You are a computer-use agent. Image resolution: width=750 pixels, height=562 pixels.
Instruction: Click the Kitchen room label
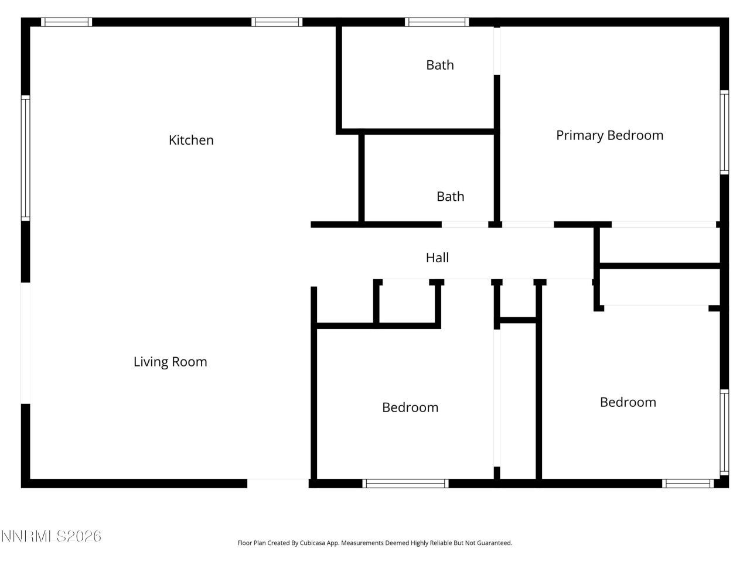[x=191, y=140]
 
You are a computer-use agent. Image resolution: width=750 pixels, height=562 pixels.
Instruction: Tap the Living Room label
[x=170, y=362]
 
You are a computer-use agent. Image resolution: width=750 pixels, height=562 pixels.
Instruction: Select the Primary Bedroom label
[x=609, y=135]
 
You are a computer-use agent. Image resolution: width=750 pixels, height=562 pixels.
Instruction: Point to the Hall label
[x=437, y=258]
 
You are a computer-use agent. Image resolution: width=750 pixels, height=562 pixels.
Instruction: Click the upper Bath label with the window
[x=439, y=65]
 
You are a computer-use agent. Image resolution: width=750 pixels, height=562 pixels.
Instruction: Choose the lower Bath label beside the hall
[x=450, y=197]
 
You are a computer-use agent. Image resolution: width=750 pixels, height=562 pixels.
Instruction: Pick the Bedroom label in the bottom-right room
[x=628, y=402]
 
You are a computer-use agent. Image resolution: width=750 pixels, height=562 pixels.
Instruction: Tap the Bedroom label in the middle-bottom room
[x=410, y=407]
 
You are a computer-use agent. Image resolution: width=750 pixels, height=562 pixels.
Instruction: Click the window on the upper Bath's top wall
[x=437, y=22]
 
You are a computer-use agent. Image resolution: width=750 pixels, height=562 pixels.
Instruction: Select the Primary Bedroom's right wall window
[x=724, y=132]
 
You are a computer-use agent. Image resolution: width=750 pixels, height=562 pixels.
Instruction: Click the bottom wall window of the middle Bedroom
[x=405, y=484]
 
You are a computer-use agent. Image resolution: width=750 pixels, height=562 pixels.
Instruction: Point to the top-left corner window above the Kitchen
[x=66, y=22]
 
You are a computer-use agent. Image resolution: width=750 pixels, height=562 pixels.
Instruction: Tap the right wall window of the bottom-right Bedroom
[x=724, y=432]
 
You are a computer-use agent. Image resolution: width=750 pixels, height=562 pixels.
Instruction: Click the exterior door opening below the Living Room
[x=278, y=484]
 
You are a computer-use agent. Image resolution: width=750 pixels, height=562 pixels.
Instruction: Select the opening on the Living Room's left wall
[x=25, y=343]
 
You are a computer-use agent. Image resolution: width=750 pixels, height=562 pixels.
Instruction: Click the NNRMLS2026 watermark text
[x=51, y=536]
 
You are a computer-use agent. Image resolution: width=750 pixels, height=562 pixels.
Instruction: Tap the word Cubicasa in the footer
[x=313, y=543]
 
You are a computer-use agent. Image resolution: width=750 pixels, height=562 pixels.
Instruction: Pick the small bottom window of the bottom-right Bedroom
[x=688, y=484]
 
